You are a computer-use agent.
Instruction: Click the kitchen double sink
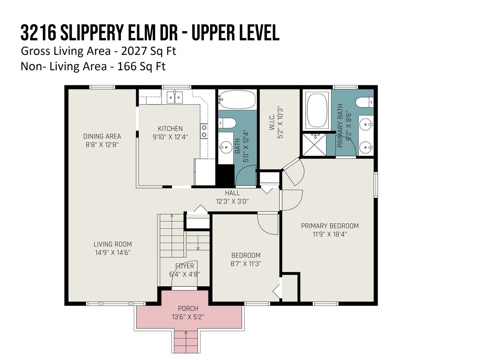(x=175, y=97)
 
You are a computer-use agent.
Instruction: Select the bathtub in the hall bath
(x=237, y=100)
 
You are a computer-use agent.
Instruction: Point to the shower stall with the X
(x=314, y=145)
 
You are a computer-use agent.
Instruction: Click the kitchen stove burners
(x=204, y=131)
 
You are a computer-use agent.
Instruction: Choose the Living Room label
(x=113, y=244)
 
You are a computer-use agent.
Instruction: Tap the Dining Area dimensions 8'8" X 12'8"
(x=102, y=145)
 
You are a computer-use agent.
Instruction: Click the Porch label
(x=188, y=308)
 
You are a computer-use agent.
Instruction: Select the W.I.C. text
(x=272, y=123)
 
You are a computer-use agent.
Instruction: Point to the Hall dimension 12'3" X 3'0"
(x=232, y=201)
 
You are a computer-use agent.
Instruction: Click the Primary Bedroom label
(x=330, y=226)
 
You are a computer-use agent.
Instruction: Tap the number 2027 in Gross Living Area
(x=134, y=51)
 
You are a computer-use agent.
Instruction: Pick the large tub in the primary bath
(x=317, y=110)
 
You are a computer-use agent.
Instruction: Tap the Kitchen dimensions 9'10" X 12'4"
(x=170, y=137)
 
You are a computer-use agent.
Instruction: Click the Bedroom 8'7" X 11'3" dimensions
(x=246, y=264)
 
